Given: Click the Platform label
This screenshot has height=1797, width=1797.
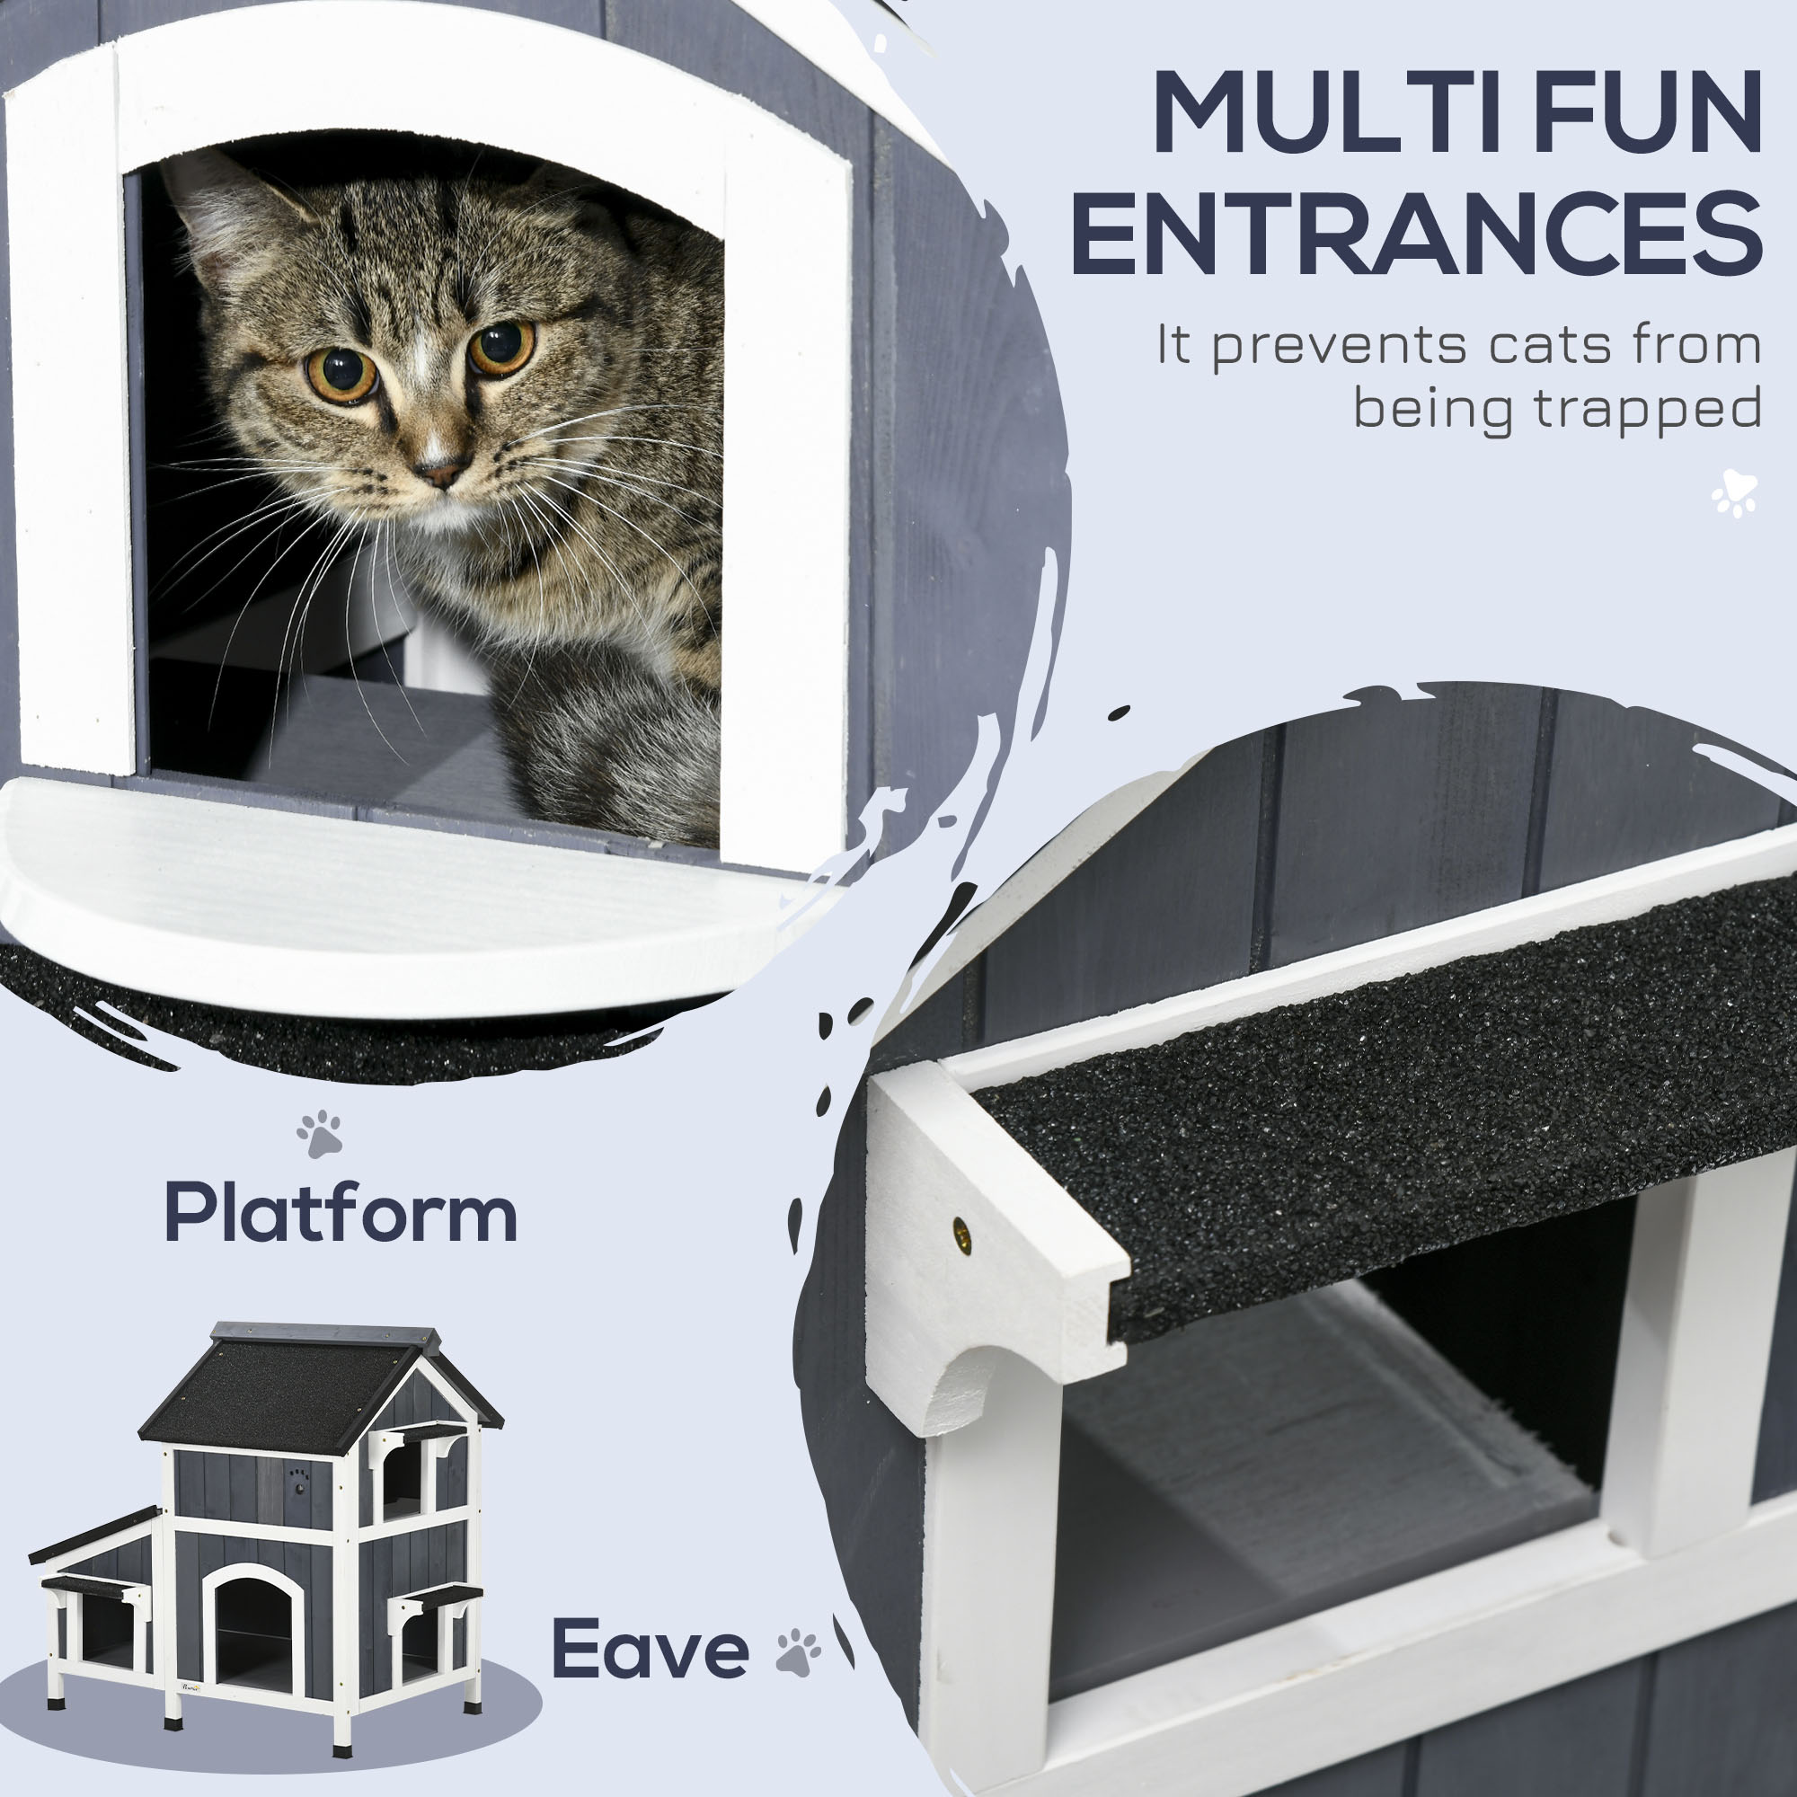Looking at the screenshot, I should click(341, 1213).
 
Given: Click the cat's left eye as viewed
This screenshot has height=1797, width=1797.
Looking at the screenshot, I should click(342, 374).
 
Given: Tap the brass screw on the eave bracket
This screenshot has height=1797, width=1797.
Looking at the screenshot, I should click(962, 1236).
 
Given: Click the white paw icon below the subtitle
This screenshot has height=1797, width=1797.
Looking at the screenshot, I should click(1734, 494).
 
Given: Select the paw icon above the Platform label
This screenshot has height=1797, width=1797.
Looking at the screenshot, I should click(319, 1134).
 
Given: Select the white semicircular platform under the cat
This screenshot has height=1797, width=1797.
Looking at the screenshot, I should click(391, 893).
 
